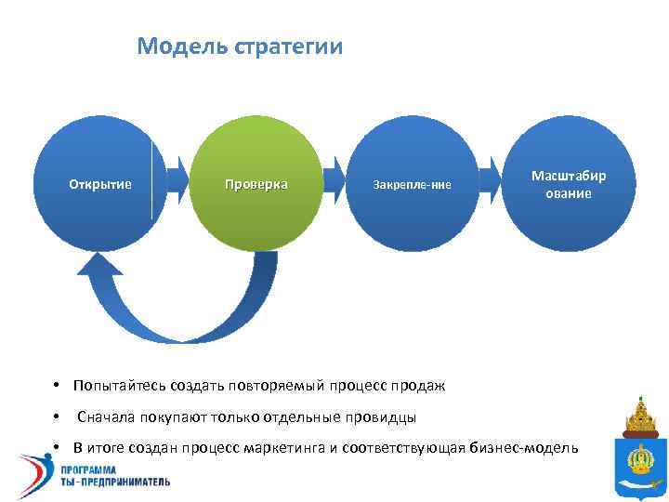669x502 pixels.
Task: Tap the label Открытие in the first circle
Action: (x=100, y=184)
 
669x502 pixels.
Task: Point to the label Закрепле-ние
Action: (x=412, y=185)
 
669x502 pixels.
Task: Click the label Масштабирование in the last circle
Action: (x=568, y=184)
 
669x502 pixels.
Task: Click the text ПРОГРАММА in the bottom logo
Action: (x=117, y=470)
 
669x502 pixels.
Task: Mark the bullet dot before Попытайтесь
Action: (x=57, y=385)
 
